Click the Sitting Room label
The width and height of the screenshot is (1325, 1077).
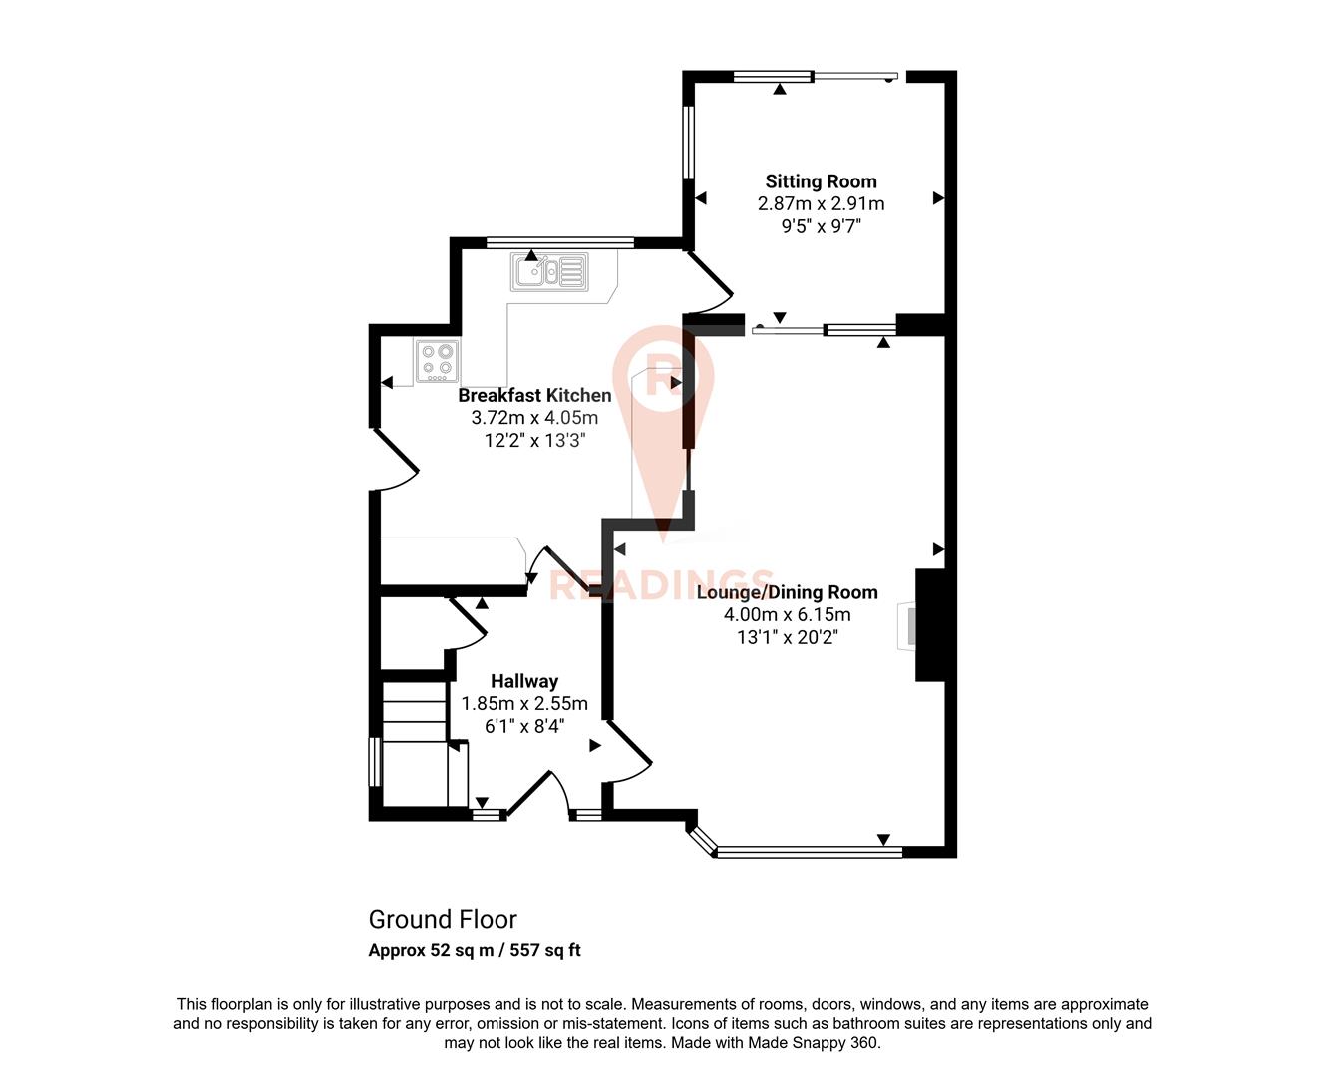(x=821, y=181)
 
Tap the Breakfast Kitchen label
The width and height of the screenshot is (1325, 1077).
(x=534, y=395)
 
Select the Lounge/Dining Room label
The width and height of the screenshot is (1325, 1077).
(x=787, y=592)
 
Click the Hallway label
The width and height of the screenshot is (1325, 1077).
(x=524, y=681)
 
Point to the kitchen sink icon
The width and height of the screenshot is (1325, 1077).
(x=549, y=270)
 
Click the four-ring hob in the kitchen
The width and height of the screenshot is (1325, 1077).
(x=437, y=360)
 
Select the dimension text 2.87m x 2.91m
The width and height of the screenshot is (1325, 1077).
(x=821, y=203)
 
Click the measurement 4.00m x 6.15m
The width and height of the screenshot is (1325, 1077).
(x=787, y=614)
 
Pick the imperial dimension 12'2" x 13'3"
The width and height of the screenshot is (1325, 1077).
(x=534, y=440)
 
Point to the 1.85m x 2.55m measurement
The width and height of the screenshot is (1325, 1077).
(x=524, y=703)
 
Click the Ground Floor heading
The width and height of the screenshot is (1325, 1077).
(x=443, y=919)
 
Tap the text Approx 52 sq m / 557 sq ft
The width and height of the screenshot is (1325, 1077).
(x=475, y=950)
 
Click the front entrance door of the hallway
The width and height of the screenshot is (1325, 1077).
(x=537, y=794)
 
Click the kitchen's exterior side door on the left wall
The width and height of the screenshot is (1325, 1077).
(x=395, y=459)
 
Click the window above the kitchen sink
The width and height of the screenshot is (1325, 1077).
(x=559, y=241)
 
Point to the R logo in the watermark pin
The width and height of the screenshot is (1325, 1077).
(x=663, y=375)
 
